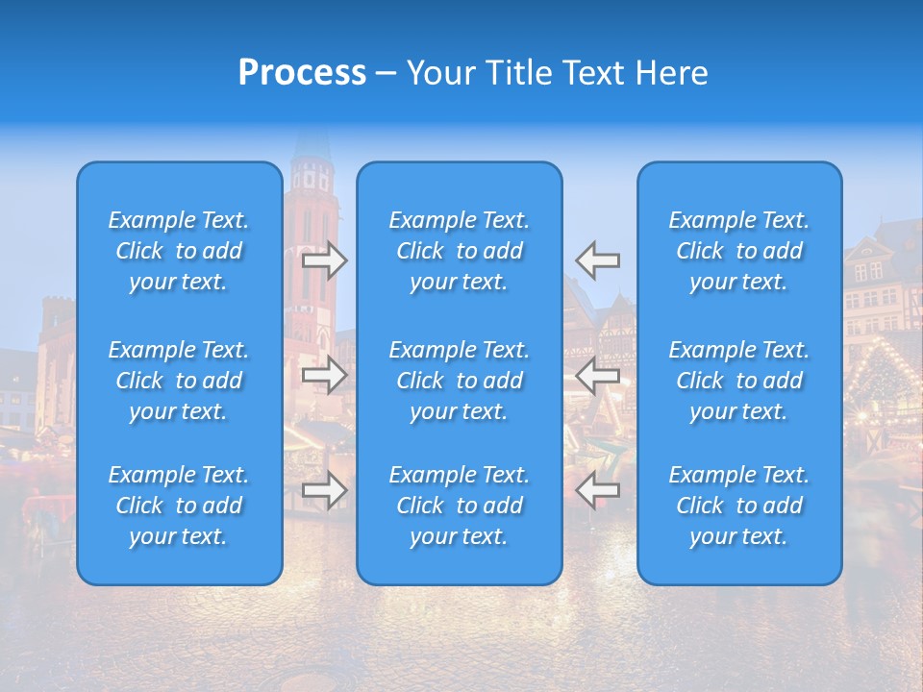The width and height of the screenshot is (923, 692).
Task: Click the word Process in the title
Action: (302, 73)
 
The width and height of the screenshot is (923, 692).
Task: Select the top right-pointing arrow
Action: (324, 260)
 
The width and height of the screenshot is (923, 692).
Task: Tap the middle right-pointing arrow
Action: (324, 375)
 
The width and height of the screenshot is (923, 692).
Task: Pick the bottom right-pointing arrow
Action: (324, 490)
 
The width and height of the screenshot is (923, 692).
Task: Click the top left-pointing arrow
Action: (598, 260)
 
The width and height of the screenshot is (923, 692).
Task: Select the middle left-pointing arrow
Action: (598, 375)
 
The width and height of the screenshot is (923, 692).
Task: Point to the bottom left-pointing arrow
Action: (598, 490)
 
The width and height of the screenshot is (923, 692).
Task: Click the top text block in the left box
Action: (178, 251)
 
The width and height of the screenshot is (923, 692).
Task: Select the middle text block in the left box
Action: (178, 381)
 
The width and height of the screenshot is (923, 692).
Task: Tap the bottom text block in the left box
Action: (178, 506)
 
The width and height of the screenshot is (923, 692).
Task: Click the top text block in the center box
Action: (459, 251)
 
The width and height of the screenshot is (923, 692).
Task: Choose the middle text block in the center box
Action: (459, 381)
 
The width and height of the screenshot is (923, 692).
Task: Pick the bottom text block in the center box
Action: (459, 506)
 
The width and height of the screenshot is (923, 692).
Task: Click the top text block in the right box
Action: (738, 251)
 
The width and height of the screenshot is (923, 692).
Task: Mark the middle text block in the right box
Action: (738, 381)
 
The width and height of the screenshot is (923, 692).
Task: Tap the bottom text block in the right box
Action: (738, 506)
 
